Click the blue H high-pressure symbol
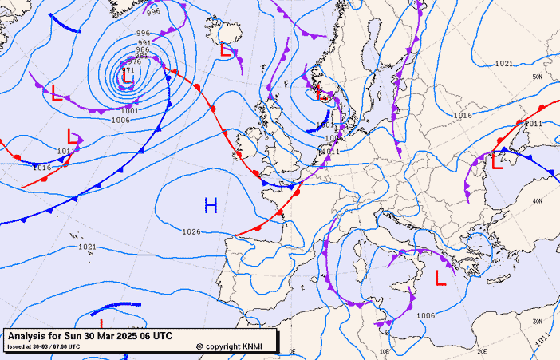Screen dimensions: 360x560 coord(211,206)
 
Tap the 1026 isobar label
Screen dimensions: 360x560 coord(191,232)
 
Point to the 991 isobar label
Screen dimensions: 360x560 coord(144,42)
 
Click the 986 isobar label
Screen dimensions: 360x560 coord(143,49)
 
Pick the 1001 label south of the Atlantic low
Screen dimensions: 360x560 coord(129,110)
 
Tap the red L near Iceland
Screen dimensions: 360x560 coord(227,50)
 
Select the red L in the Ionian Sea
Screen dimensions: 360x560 coord(440,278)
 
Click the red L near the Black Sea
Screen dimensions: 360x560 coord(496,161)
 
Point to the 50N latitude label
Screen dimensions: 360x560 coord(538,77)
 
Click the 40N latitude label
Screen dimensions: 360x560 coord(538,200)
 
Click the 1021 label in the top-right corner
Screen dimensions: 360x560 coord(503,63)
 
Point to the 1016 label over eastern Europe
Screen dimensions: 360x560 coord(463,116)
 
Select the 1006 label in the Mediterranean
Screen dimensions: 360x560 coord(426,316)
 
